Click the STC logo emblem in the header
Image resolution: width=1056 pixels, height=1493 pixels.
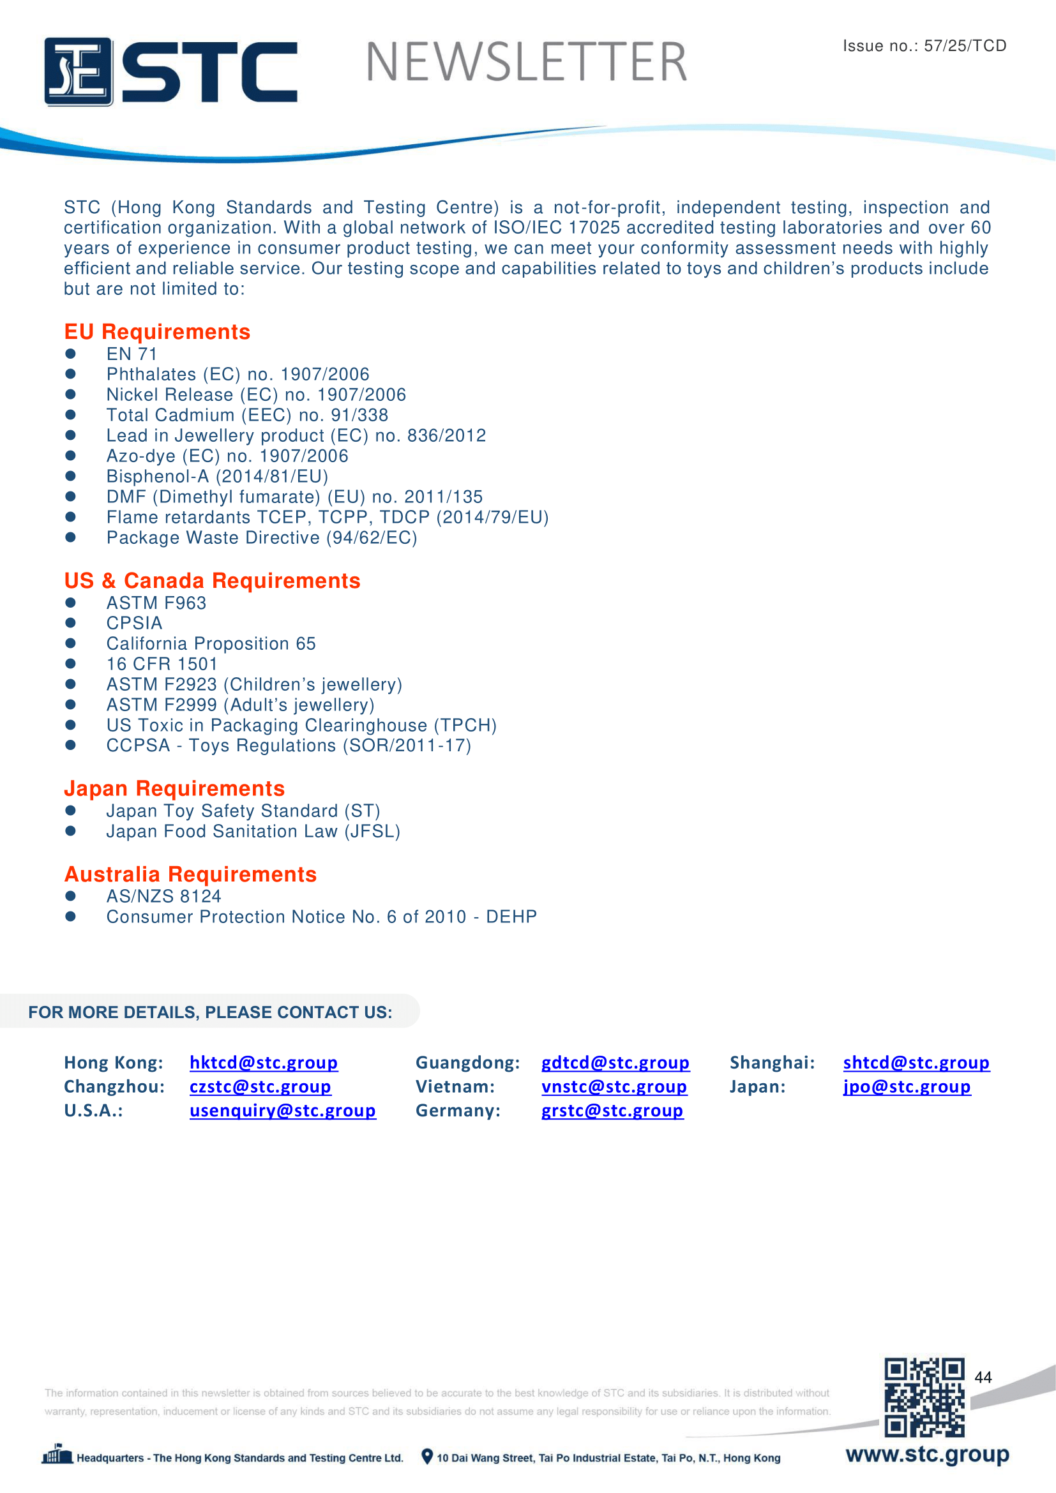point(79,71)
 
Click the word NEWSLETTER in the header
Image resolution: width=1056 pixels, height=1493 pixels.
point(526,63)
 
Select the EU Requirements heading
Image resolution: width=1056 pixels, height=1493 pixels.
point(156,332)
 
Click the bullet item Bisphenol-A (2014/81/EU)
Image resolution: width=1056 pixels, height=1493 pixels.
point(217,476)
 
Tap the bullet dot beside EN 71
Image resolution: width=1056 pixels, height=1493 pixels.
point(71,354)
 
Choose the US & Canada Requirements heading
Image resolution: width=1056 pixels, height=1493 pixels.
point(212,580)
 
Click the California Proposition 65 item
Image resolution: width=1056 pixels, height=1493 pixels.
point(211,643)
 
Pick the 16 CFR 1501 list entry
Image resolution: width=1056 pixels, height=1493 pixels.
point(162,664)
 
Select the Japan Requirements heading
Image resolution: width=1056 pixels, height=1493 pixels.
point(174,788)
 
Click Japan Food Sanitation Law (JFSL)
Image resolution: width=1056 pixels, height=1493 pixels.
point(253,831)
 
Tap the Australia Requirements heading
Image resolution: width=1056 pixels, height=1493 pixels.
point(190,874)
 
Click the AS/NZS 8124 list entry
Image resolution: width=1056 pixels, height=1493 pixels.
point(164,896)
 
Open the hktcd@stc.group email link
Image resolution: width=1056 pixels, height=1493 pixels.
point(263,1062)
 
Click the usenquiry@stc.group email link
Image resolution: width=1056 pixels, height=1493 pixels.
point(282,1110)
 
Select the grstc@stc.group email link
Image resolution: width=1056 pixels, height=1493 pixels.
point(612,1110)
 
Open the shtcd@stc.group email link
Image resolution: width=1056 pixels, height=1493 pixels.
point(916,1062)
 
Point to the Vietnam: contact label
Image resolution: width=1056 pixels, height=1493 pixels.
point(455,1086)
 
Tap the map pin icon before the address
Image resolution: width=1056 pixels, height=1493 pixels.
point(427,1456)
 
